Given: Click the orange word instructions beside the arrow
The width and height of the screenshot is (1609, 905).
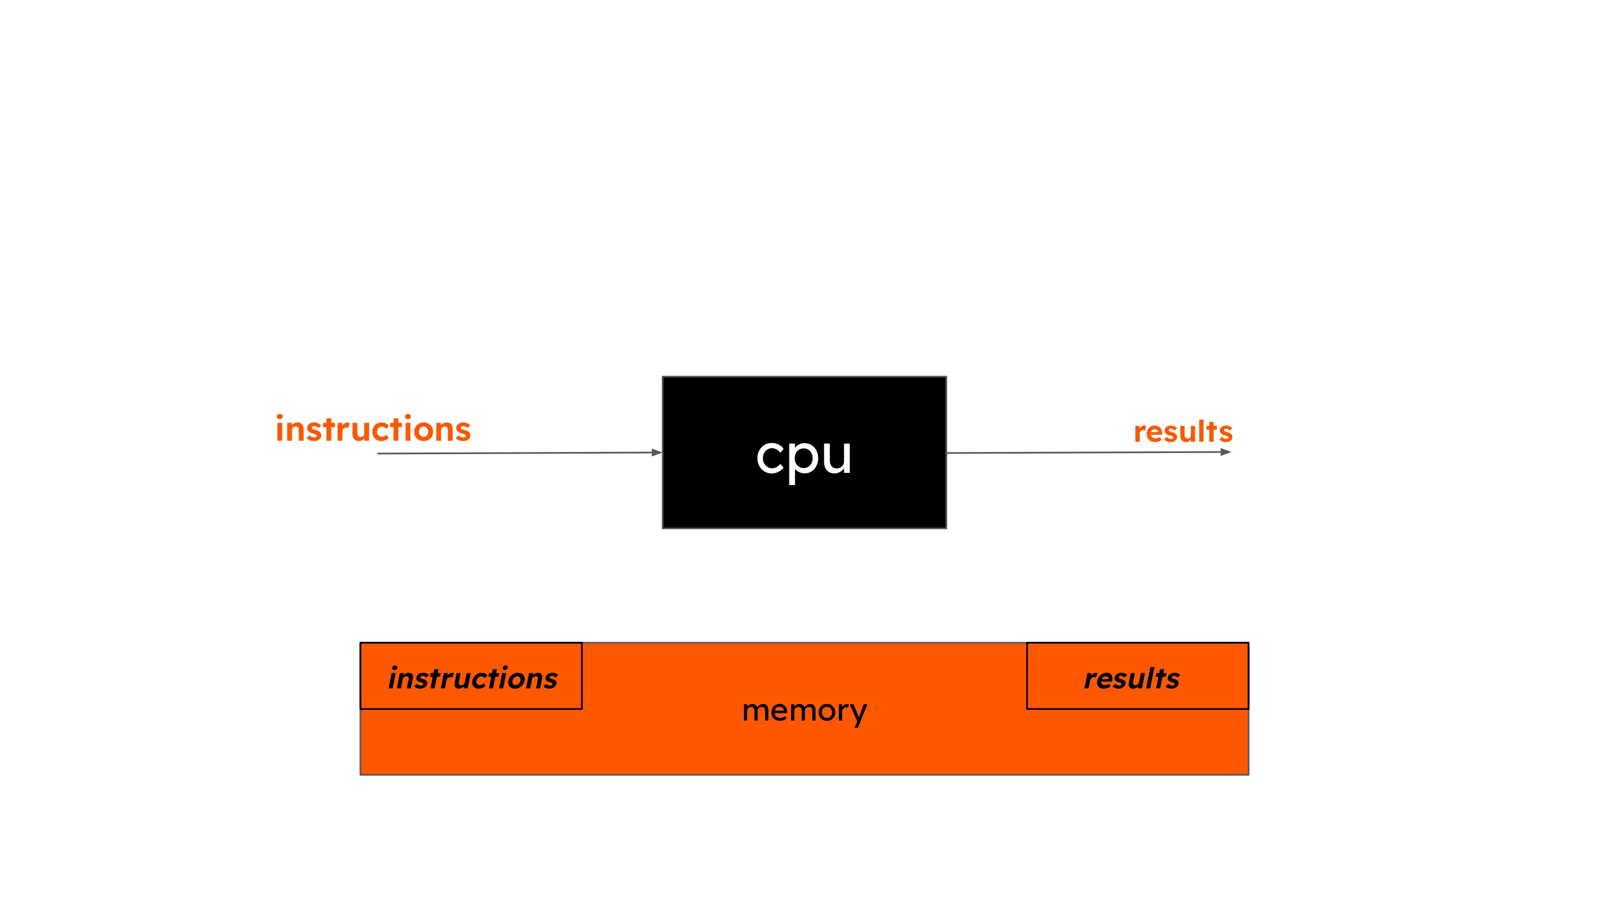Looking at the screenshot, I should (373, 429).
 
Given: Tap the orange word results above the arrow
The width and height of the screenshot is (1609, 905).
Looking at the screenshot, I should (1183, 432).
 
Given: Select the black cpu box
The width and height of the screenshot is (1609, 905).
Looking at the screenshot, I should (804, 500).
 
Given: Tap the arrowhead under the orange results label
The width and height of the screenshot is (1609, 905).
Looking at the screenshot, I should (1226, 451).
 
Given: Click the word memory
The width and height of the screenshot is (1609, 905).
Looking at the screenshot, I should (804, 711).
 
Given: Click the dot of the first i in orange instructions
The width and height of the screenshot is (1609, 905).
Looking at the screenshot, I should (279, 417).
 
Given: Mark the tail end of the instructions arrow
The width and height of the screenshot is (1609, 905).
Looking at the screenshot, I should (379, 454).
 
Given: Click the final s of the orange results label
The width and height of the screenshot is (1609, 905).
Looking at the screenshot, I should (1225, 433).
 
